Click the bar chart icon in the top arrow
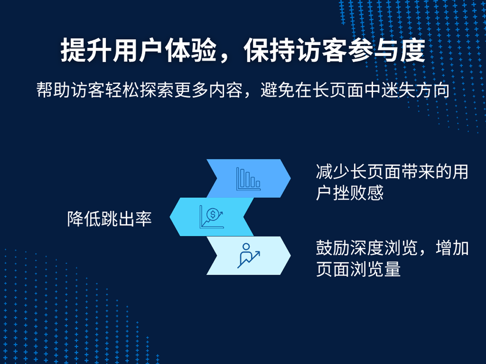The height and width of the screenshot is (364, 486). click(248, 179)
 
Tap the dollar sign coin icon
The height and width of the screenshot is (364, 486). click(213, 214)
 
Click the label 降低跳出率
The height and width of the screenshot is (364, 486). click(109, 219)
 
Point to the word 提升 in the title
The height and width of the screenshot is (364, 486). click(86, 50)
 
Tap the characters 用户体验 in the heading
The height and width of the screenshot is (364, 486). click(164, 50)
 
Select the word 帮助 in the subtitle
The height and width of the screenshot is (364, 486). click(53, 90)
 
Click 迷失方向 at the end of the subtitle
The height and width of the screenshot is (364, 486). click(416, 90)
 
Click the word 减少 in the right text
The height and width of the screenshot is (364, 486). click(333, 172)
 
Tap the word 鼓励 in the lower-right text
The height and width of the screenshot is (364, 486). click(333, 248)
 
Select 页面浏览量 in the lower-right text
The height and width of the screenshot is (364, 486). click(358, 269)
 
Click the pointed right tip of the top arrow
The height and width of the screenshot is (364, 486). click(290, 178)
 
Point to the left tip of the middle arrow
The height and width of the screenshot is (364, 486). click(170, 217)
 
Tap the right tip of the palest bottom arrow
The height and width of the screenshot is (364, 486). click(290, 256)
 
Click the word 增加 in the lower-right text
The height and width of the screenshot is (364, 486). click(452, 248)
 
